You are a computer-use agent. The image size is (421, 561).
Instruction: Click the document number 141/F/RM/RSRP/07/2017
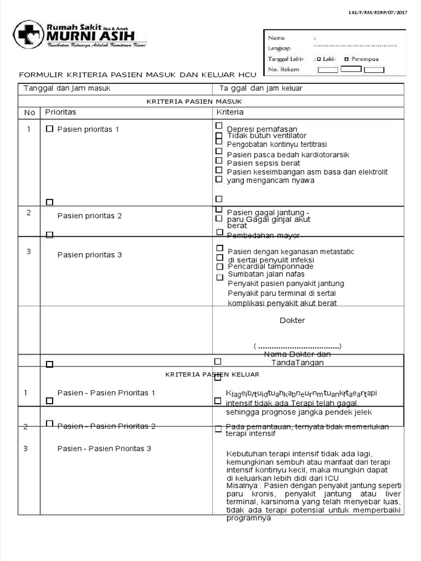tap(378, 12)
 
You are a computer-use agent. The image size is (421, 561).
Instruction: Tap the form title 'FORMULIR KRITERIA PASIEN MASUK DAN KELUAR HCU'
tap(137, 75)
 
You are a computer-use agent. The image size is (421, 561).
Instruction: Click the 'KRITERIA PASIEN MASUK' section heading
tap(194, 101)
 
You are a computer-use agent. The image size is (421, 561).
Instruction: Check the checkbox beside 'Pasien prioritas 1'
tap(49, 129)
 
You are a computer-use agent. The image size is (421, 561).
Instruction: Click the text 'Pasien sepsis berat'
tap(263, 163)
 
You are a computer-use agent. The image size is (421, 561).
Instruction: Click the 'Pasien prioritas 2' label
tap(89, 216)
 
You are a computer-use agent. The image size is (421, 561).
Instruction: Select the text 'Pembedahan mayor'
tap(264, 236)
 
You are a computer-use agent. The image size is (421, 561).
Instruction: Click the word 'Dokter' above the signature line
tap(292, 320)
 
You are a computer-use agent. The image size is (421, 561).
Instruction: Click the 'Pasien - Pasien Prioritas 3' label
tap(104, 449)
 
